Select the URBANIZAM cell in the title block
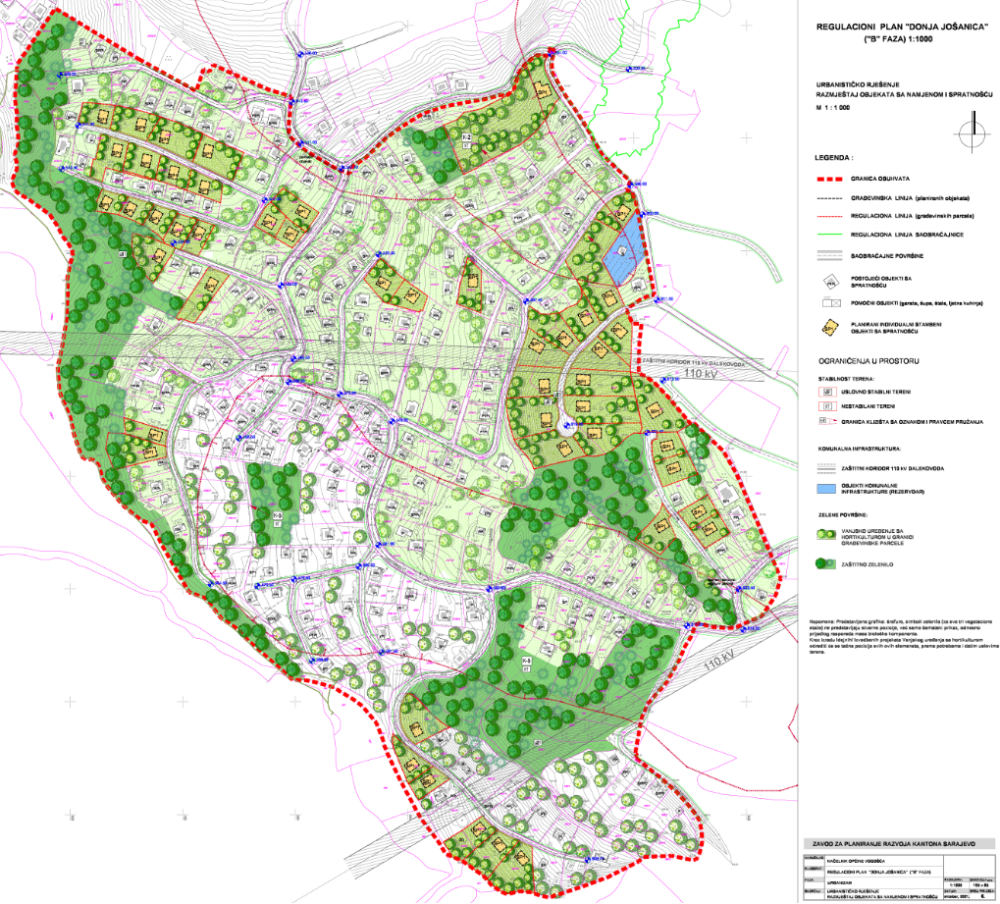coord(845,882)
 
